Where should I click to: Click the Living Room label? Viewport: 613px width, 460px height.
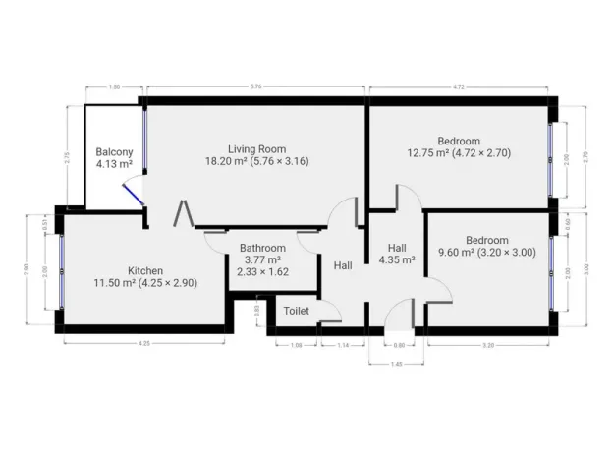256,148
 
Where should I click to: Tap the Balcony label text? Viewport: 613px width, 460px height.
114,152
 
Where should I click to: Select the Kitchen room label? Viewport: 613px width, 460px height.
145,270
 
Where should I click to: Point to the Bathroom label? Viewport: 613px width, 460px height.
262,248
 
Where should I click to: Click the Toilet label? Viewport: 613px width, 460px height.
296,311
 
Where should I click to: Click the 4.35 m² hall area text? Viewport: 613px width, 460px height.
397,260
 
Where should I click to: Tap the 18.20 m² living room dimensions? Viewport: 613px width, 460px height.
256,161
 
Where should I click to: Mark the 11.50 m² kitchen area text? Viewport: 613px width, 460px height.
145,283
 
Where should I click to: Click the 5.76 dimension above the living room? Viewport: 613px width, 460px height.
255,87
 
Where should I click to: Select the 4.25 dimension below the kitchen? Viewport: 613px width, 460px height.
144,343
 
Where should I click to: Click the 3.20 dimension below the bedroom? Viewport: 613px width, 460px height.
488,345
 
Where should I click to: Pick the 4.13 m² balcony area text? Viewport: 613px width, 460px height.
114,165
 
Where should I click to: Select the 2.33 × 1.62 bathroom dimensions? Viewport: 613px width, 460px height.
262,272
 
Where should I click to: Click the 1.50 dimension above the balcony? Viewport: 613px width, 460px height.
114,87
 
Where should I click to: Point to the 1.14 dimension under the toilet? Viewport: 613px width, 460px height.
343,345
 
